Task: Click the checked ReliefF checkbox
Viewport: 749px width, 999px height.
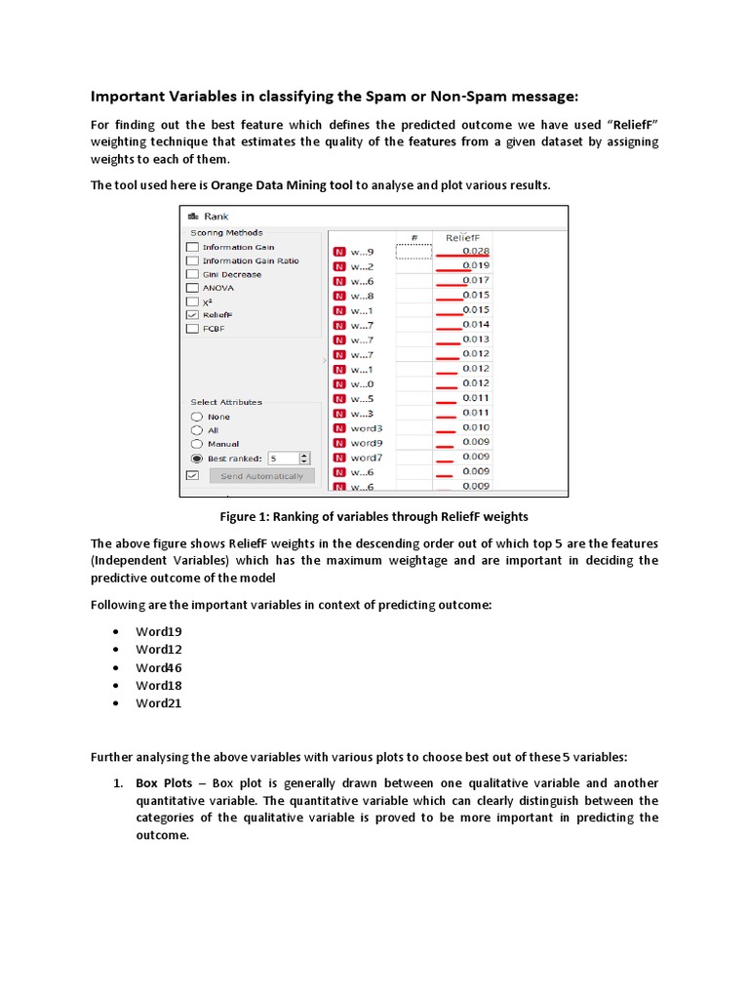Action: (193, 315)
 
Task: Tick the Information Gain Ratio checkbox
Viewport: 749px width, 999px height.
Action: (193, 260)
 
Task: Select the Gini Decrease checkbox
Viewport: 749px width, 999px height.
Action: (193, 274)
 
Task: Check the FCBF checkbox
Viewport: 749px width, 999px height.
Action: (193, 329)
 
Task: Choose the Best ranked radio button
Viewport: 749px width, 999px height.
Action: (196, 458)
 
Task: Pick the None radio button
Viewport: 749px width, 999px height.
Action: (196, 417)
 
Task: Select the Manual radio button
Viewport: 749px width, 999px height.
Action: (196, 444)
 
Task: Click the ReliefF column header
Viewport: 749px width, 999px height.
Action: (463, 237)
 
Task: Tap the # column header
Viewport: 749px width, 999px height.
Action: (414, 237)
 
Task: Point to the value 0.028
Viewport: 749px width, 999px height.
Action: (476, 251)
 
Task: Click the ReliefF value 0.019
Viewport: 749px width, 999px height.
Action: (476, 265)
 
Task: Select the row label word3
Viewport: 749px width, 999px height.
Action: (367, 427)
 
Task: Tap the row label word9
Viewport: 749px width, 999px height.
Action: (367, 442)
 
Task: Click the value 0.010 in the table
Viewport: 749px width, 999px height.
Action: (476, 427)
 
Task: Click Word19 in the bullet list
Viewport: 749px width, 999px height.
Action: (158, 631)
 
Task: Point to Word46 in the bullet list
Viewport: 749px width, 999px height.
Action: (158, 667)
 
